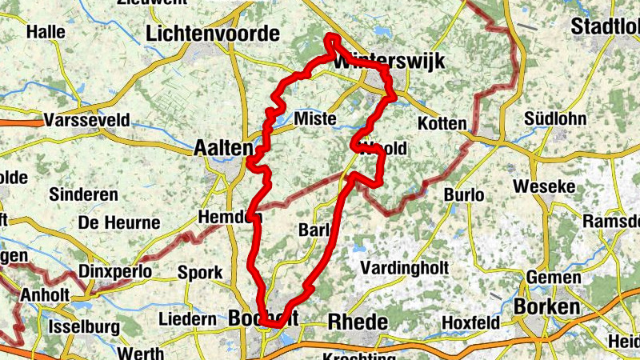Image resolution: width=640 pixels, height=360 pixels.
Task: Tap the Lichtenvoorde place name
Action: pos(214,34)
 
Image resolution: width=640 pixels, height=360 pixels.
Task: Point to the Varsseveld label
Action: pos(88,120)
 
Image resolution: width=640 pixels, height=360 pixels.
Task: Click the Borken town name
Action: pos(546,306)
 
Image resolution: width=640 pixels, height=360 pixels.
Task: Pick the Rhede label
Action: pos(358,322)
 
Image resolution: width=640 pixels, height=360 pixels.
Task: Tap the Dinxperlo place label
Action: pos(116,272)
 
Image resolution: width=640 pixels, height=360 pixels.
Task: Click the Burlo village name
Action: pos(465,194)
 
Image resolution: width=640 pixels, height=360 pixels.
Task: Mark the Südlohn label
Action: pos(555,119)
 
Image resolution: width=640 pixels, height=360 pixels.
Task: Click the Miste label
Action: pos(315,119)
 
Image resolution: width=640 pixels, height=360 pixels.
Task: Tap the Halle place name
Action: pos(45,32)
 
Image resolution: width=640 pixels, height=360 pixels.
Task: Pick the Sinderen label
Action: pos(83,194)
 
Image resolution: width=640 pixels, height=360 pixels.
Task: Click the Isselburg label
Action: pos(84,326)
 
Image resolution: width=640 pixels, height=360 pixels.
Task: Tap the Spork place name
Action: pos(200,273)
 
